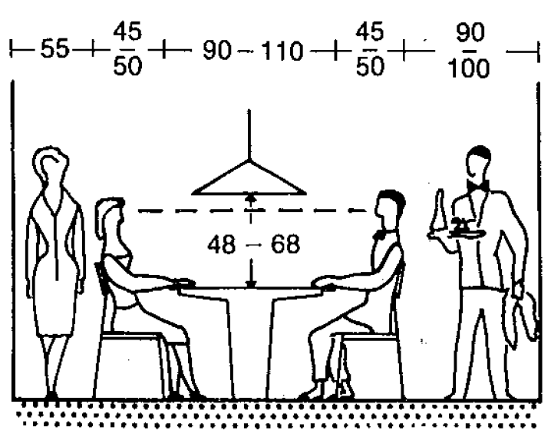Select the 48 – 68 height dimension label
click(x=253, y=245)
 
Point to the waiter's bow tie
click(x=480, y=187)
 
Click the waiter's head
click(x=479, y=161)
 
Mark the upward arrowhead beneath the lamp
click(x=249, y=197)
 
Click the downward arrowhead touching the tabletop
click(x=249, y=283)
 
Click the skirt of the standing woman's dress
click(x=51, y=303)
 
